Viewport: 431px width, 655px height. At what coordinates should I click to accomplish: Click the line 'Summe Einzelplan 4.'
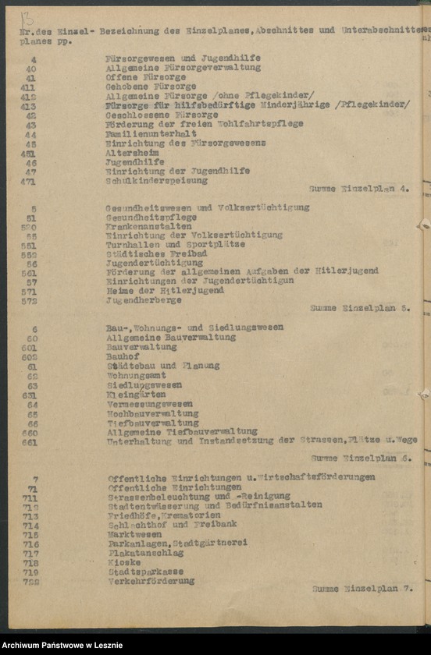coord(359,189)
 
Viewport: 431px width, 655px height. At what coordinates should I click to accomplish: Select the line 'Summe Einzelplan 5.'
coord(360,307)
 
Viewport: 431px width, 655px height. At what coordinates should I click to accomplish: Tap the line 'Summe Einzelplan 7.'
coord(362,589)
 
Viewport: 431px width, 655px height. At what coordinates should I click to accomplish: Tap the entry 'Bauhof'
coord(119,356)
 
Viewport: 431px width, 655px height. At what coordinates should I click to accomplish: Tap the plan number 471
coord(28,180)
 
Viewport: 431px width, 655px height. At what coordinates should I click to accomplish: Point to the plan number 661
coord(30,441)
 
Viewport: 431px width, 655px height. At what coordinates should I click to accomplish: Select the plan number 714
coord(30,525)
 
